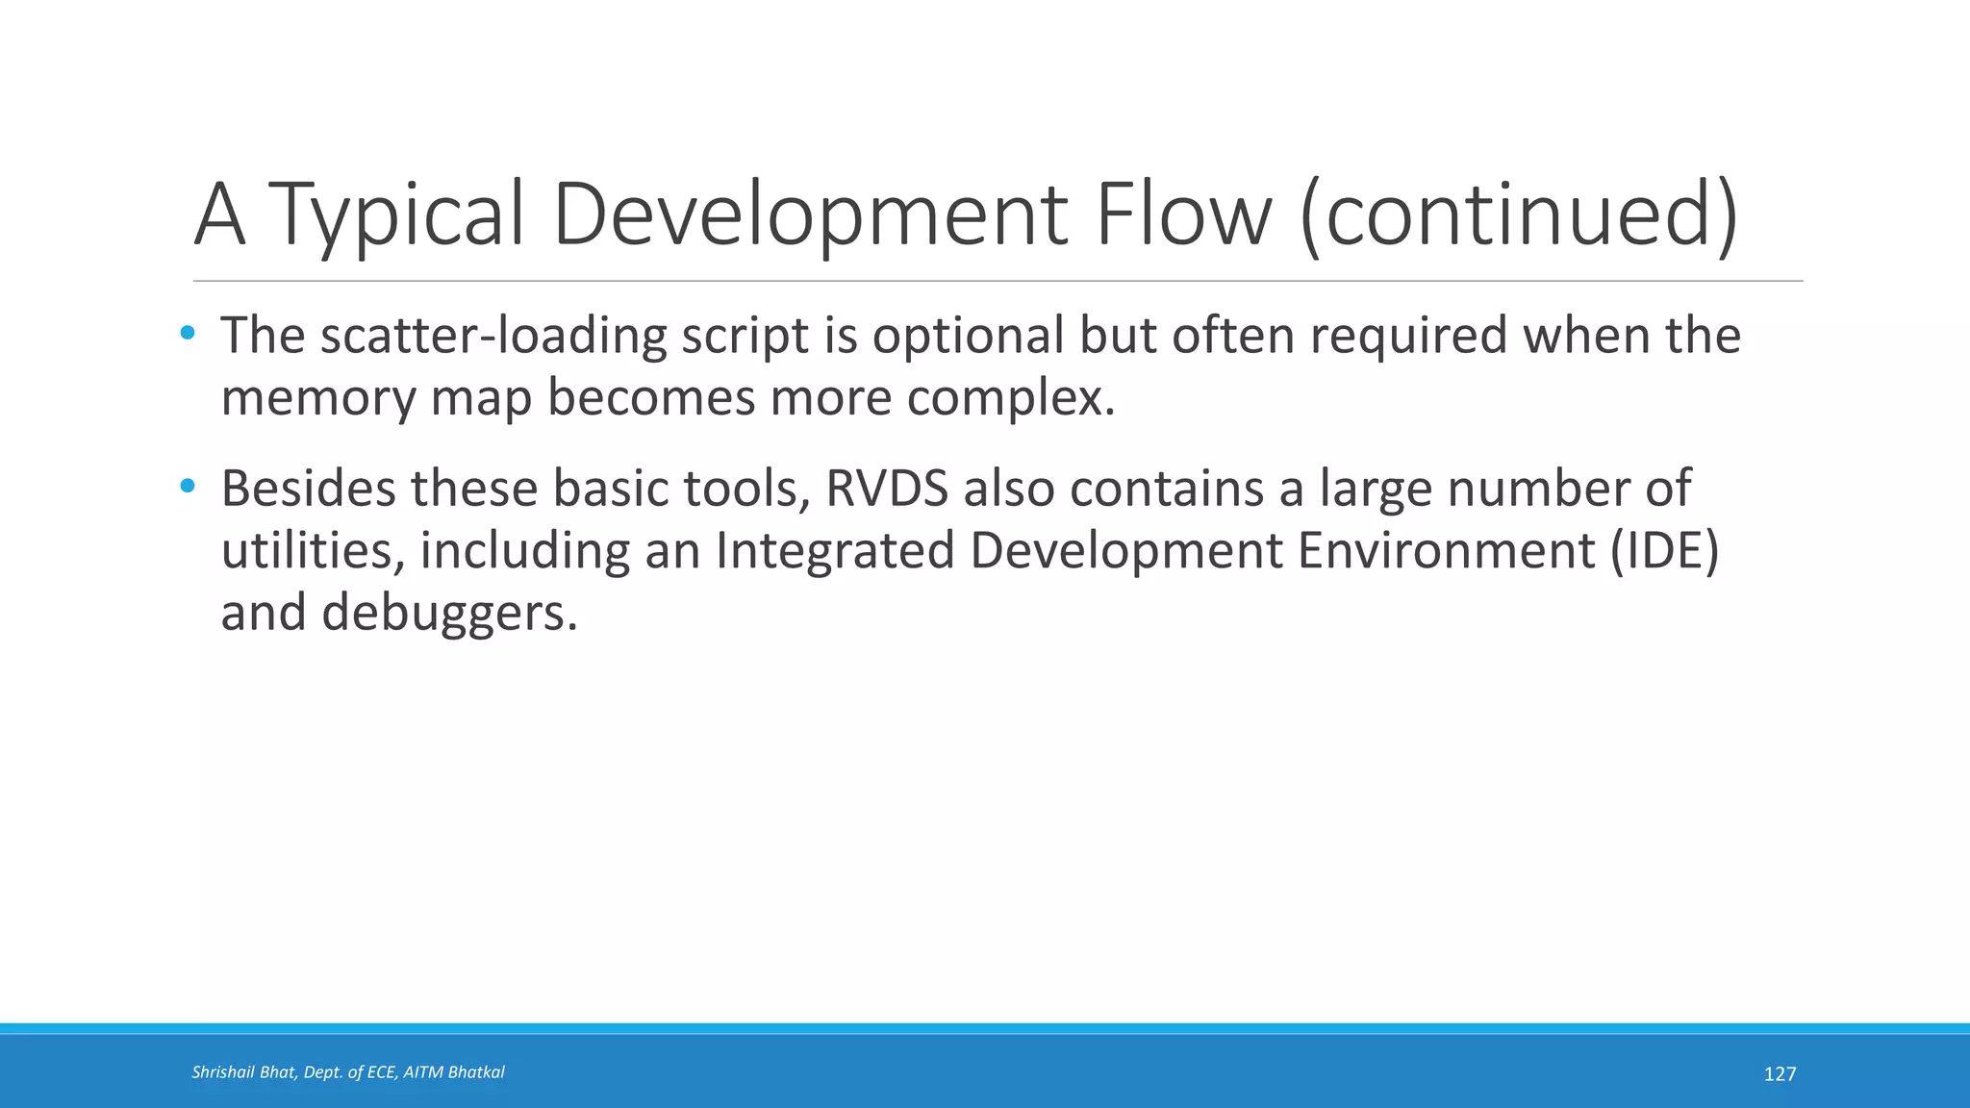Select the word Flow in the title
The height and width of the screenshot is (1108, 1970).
tap(1183, 214)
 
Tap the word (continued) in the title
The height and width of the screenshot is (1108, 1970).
tap(1519, 214)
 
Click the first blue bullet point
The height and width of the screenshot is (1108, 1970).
tap(188, 334)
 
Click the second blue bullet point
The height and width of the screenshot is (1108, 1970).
tap(188, 487)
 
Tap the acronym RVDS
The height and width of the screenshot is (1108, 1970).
tap(887, 489)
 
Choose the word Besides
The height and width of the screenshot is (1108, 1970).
tap(309, 489)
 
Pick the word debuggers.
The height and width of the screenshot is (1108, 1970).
tap(449, 613)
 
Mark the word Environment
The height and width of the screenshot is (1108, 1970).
tap(1447, 550)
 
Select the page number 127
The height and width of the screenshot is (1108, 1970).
tap(1780, 1074)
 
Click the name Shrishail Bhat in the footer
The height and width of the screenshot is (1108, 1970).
tap(243, 1072)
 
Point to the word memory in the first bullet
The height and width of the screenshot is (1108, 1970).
tap(317, 399)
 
